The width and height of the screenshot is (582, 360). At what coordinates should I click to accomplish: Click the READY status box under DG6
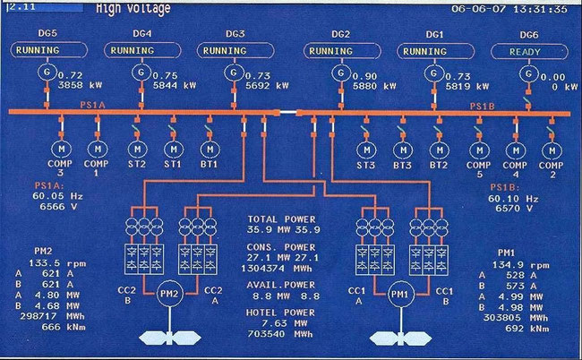[x=526, y=51]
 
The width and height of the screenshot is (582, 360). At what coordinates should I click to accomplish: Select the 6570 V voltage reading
[x=528, y=208]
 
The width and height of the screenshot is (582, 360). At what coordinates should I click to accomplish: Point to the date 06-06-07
[x=479, y=8]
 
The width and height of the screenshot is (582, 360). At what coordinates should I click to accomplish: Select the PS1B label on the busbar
[x=484, y=106]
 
